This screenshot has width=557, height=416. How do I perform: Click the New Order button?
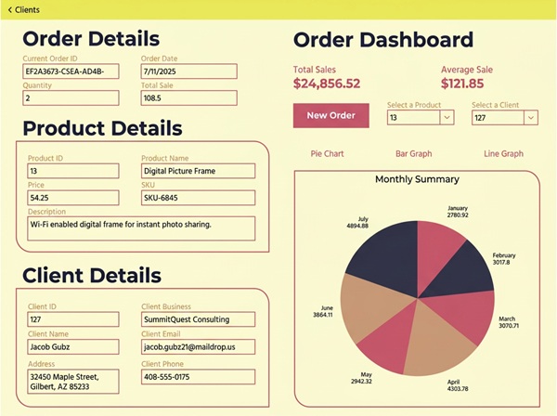331,115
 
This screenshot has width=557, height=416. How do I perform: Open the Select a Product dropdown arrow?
447,117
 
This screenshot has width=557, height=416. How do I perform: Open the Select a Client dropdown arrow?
531,118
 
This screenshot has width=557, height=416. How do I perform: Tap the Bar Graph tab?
414,154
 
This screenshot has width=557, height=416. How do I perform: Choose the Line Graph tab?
503,154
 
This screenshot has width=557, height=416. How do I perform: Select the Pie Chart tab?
327,154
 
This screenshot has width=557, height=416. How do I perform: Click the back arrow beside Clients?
10,10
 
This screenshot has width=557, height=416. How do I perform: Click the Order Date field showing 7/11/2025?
189,71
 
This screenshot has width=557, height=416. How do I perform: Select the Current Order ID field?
71,71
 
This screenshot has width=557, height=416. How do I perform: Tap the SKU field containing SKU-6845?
198,198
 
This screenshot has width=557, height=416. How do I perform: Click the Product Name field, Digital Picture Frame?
198,171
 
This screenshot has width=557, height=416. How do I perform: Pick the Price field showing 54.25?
72,198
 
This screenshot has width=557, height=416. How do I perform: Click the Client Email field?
198,346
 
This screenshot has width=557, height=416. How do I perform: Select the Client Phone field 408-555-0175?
198,377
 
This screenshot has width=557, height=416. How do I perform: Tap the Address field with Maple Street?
72,382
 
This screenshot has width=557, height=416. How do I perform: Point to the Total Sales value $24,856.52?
327,84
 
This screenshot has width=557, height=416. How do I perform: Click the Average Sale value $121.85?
462,84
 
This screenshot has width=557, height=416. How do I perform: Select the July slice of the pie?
387,255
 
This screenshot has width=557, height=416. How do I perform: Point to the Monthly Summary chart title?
417,179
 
